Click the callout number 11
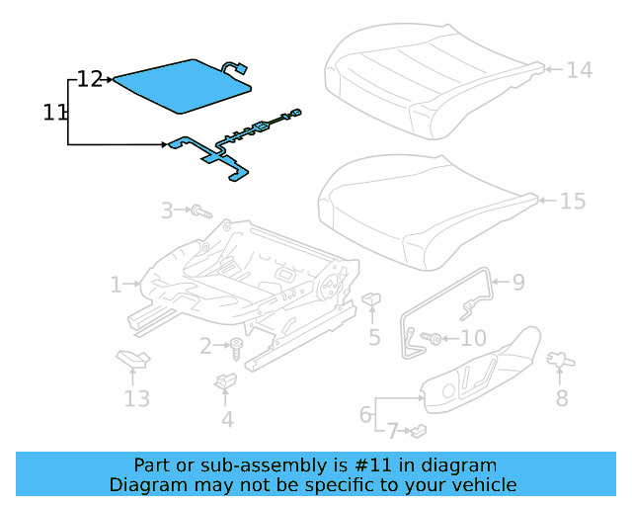(x=55, y=113)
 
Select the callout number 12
(x=90, y=79)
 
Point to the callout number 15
(x=573, y=202)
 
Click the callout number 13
(x=136, y=398)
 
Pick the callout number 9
(x=517, y=284)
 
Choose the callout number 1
(x=117, y=285)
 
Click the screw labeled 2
(x=237, y=347)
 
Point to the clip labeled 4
(x=225, y=380)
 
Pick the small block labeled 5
(x=373, y=298)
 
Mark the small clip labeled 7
(x=419, y=430)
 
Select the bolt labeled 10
(x=431, y=339)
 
